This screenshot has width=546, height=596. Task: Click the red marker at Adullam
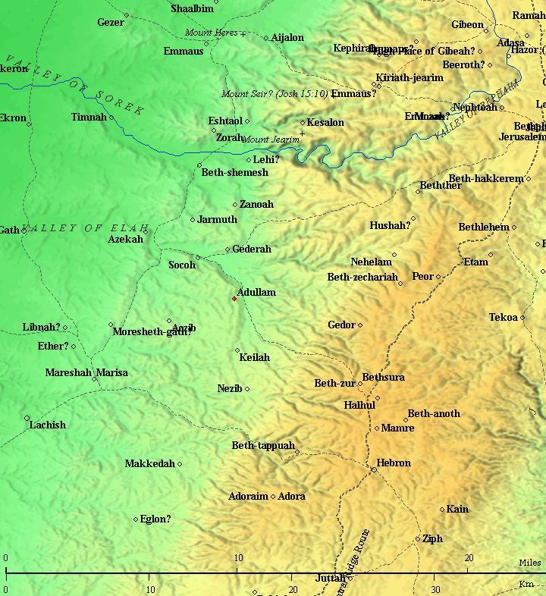[234, 299]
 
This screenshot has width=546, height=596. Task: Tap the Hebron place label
[394, 463]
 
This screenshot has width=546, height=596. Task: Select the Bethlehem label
[484, 227]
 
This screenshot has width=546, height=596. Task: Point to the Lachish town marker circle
[27, 419]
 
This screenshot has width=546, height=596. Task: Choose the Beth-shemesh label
[234, 173]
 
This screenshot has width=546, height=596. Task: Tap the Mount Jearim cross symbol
[302, 134]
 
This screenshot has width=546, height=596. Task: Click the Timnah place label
[89, 118]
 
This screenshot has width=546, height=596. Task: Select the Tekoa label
[503, 318]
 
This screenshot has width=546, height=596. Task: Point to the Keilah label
[254, 357]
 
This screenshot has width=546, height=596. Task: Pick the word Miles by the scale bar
[529, 563]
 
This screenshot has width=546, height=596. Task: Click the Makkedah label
[149, 463]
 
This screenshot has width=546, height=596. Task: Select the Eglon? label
[155, 519]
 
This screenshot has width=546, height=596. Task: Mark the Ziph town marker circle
[418, 539]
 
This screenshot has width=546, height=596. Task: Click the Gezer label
[111, 23]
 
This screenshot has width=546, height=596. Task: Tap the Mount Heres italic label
[211, 33]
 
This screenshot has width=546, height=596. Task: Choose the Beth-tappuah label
[263, 446]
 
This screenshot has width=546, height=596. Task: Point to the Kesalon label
[325, 122]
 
